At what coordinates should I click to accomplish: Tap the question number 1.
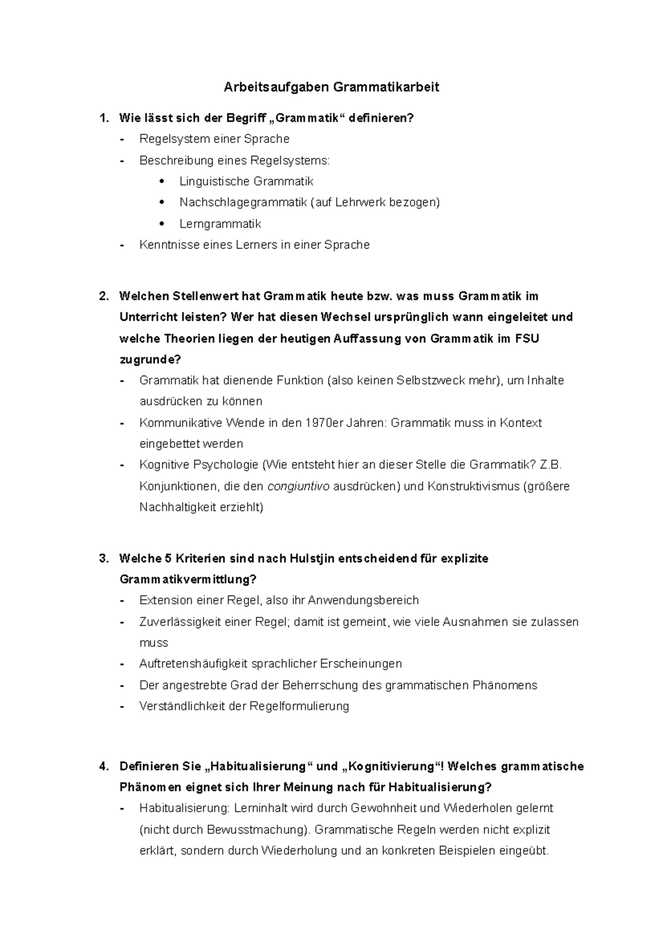(102, 118)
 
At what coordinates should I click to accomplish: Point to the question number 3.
(102, 558)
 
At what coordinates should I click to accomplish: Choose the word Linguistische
(214, 181)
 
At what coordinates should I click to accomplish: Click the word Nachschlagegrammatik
(243, 202)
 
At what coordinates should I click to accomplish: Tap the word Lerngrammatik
(220, 224)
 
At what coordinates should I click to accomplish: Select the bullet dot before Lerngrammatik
(161, 224)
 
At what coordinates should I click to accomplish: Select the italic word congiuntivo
(298, 487)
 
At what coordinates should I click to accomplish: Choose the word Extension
(166, 600)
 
